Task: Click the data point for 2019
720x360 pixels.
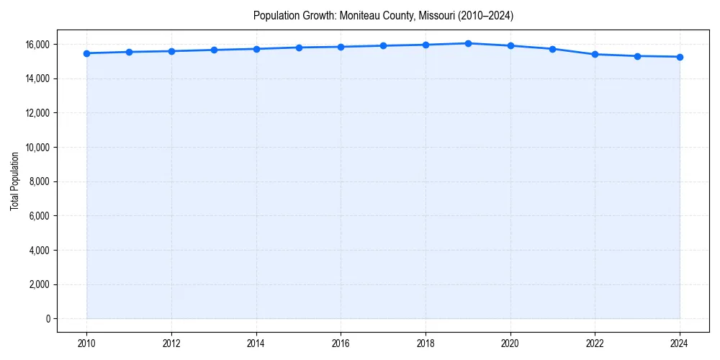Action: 468,43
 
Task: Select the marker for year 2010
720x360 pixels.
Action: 86,53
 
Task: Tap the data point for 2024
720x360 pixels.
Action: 680,57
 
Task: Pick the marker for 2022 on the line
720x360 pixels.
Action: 595,54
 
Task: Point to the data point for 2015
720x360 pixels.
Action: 299,48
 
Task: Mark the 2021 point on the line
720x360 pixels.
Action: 552,49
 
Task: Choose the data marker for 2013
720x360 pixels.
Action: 214,50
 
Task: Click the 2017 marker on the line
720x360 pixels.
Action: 383,45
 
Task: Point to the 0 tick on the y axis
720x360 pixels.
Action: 48,319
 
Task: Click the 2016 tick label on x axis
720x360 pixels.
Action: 341,343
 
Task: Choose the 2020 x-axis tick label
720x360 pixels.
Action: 510,343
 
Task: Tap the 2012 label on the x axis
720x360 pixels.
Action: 171,343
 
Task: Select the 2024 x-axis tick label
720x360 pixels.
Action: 680,343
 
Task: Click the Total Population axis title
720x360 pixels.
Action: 14,181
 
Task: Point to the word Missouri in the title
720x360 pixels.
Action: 434,15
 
